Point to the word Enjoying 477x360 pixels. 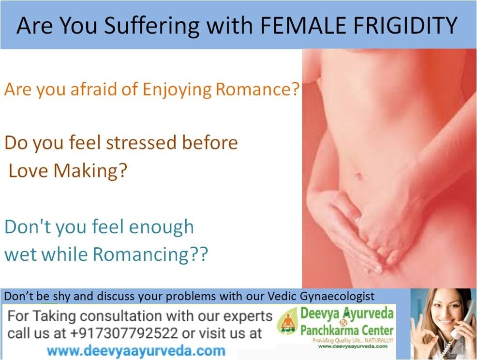click(x=177, y=90)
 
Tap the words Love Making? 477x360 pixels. click(x=67, y=171)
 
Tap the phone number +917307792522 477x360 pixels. click(x=124, y=333)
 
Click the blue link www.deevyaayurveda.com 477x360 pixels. click(x=136, y=351)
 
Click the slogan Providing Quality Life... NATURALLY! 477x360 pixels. click(x=353, y=341)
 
